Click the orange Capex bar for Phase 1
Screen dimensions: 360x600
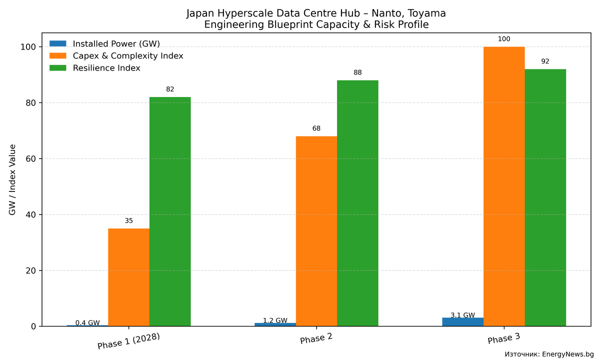coord(128,277)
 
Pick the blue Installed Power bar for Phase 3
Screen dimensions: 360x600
coord(462,322)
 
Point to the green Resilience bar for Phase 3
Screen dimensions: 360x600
coord(545,198)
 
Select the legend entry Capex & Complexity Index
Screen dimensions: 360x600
coord(127,56)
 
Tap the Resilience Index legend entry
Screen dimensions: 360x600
coord(106,68)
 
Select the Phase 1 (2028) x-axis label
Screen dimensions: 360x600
coord(128,341)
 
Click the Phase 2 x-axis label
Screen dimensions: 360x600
coord(316,339)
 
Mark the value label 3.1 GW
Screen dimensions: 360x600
coord(462,315)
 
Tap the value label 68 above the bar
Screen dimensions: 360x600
coord(316,128)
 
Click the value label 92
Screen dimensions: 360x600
coord(545,61)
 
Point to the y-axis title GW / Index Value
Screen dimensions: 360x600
coord(12,180)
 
